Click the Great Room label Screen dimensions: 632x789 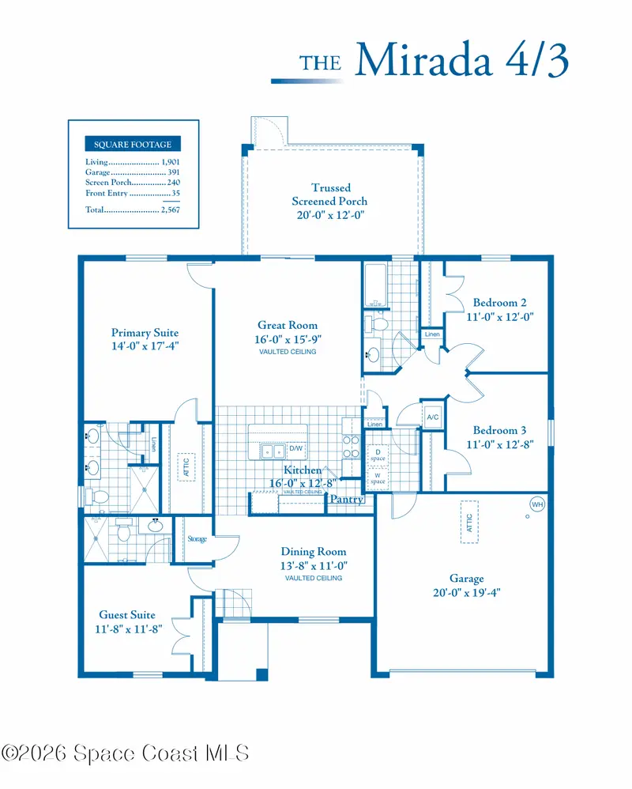click(288, 325)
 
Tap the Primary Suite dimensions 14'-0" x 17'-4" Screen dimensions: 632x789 click(145, 346)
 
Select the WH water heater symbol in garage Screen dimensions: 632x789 click(537, 504)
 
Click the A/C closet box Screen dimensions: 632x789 click(432, 417)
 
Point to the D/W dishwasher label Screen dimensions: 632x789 click(296, 448)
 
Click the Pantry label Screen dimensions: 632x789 click(347, 499)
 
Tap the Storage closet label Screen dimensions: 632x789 click(197, 539)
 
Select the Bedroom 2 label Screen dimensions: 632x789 click(500, 303)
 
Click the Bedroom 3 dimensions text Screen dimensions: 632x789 click(500, 444)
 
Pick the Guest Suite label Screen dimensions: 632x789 click(127, 615)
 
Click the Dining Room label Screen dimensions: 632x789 click(313, 552)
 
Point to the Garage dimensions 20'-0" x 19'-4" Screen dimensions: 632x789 click(467, 593)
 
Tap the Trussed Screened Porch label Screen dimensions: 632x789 click(330, 194)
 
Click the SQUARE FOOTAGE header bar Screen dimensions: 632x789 click(133, 145)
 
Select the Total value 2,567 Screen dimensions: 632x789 click(171, 210)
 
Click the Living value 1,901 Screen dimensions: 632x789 click(171, 162)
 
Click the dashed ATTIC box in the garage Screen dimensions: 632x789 click(469, 522)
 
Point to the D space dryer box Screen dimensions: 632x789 click(378, 455)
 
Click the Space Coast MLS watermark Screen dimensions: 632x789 click(125, 753)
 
